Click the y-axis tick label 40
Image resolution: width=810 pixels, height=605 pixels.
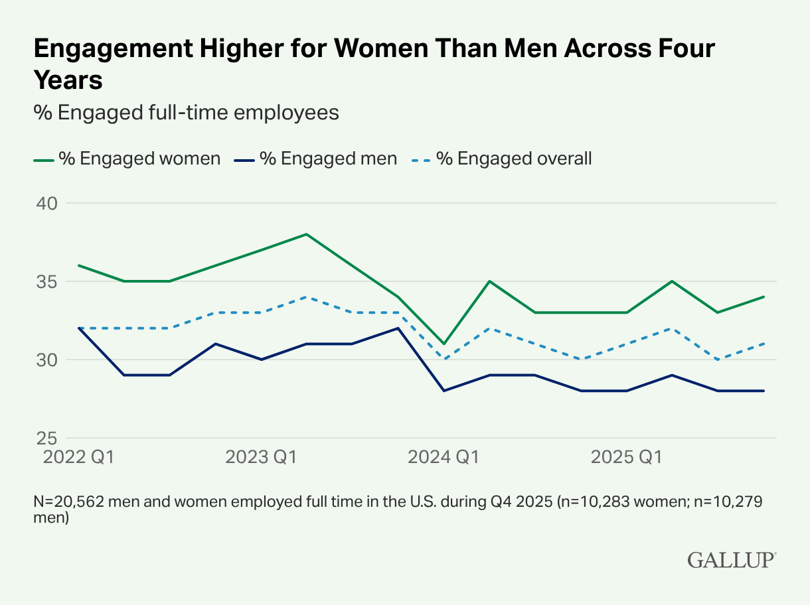pyautogui.click(x=47, y=204)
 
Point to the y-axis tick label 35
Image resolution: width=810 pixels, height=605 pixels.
pyautogui.click(x=47, y=282)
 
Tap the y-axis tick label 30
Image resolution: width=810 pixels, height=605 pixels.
pyautogui.click(x=47, y=360)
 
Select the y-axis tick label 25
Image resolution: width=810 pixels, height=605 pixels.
pyautogui.click(x=47, y=438)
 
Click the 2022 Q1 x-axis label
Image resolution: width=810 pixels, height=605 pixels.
pyautogui.click(x=78, y=457)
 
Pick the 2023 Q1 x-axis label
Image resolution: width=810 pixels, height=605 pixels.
pyautogui.click(x=261, y=457)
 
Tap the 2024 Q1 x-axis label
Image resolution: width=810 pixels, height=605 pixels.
pyautogui.click(x=444, y=457)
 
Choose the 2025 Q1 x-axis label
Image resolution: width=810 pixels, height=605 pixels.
pyautogui.click(x=627, y=457)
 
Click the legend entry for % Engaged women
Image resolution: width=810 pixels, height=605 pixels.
pyautogui.click(x=127, y=159)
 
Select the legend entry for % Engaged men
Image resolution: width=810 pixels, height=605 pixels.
pyautogui.click(x=315, y=159)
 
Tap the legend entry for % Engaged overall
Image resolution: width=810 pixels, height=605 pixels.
pyautogui.click(x=501, y=159)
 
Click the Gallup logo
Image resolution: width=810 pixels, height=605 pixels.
pyautogui.click(x=732, y=560)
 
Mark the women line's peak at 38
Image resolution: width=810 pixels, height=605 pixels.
pyautogui.click(x=307, y=234)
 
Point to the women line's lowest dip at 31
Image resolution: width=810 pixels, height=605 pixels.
pyautogui.click(x=444, y=344)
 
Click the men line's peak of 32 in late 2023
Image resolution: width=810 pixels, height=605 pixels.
pyautogui.click(x=398, y=328)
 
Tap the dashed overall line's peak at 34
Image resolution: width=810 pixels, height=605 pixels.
pyautogui.click(x=307, y=297)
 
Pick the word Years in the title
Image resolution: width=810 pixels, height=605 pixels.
pyautogui.click(x=68, y=80)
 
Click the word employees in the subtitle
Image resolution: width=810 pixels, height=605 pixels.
pyautogui.click(x=286, y=113)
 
